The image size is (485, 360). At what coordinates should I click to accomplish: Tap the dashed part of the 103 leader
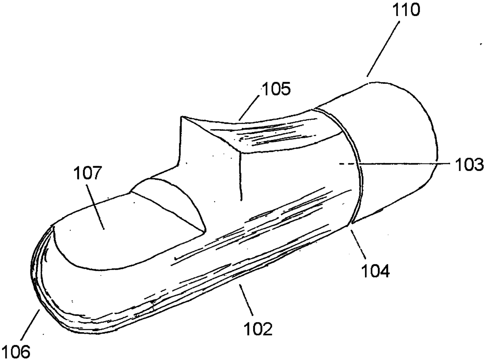click(x=348, y=165)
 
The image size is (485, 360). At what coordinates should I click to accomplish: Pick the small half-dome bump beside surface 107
click(x=172, y=200)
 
